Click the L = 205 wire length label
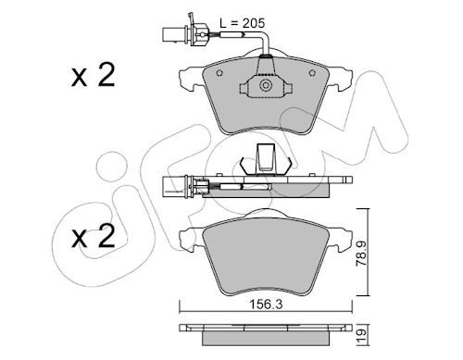coord(242,23)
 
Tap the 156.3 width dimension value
coord(266,304)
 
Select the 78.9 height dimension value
coord(361,254)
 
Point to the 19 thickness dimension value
coord(362,333)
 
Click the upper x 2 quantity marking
coord(93,75)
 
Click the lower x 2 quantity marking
coord(93,236)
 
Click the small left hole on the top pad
coord(219,73)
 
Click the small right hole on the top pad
coord(312,73)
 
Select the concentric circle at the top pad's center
coord(266,85)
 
